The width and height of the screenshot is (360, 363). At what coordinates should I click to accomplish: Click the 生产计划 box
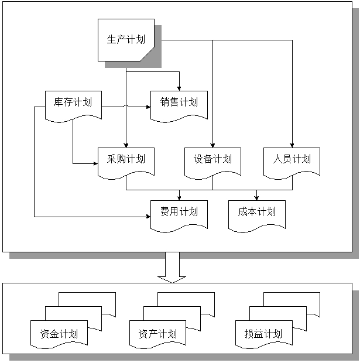pos(125,40)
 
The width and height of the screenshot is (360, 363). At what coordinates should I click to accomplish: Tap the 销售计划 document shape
pos(179,103)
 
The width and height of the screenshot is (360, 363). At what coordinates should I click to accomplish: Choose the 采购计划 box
pos(126,159)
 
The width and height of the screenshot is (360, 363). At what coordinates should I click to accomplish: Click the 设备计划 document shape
pos(212,159)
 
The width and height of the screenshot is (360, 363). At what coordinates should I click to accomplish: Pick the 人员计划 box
pos(292,159)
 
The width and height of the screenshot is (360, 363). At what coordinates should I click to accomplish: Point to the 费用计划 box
pos(179,212)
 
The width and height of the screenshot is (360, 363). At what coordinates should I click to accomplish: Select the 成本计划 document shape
pos(256,212)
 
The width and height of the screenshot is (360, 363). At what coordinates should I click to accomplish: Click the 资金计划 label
pos(59,334)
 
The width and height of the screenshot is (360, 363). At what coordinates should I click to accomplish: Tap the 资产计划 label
pos(157,334)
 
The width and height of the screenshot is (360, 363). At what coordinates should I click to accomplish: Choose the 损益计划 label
pos(263,334)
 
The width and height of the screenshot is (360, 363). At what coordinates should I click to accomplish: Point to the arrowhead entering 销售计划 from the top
pos(179,88)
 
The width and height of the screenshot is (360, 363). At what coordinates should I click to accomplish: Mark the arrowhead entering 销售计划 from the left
pos(148,107)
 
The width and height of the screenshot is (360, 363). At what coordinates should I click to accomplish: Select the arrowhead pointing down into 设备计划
pos(212,145)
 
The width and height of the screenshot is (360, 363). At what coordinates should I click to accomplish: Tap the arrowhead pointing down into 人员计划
pos(292,145)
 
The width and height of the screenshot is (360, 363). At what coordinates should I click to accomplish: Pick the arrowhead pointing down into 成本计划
pos(256,197)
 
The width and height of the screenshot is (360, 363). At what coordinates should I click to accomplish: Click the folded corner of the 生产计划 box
pos(149,54)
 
